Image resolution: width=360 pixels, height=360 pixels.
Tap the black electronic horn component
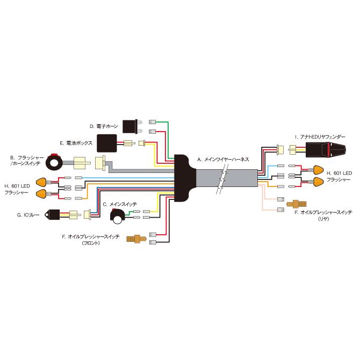click(131, 126)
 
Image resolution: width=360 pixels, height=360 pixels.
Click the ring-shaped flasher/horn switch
click(54, 162)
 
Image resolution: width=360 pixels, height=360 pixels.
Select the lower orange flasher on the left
click(42, 193)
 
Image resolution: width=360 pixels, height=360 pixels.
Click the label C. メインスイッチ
click(119, 205)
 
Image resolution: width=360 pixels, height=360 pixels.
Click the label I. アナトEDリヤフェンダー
click(320, 137)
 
